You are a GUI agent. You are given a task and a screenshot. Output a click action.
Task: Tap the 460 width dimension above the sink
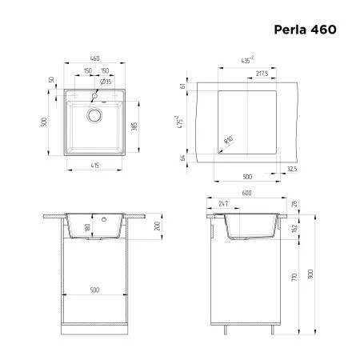coord(94,59)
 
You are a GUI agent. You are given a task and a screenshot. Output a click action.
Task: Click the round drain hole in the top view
coord(94,114)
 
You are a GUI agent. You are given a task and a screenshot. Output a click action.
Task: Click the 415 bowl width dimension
coord(94,165)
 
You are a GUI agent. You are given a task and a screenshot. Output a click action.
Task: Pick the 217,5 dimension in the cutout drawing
coord(261,74)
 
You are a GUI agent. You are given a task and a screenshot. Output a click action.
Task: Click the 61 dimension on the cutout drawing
coord(183,86)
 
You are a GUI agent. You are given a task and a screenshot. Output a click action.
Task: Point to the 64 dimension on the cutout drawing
coord(183,158)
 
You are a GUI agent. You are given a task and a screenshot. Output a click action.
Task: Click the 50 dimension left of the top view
coord(50,80)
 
